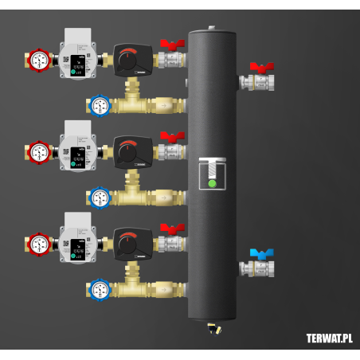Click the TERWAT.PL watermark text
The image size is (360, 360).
[329, 338]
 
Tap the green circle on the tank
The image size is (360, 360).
[212, 183]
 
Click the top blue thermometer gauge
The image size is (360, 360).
[100, 105]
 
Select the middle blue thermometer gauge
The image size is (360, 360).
[100, 197]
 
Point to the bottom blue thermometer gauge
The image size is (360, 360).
[100, 289]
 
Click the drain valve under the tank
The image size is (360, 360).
[212, 327]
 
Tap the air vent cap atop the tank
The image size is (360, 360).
[212, 29]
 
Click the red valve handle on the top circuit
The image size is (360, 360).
[171, 45]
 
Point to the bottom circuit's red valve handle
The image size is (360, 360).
[171, 229]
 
